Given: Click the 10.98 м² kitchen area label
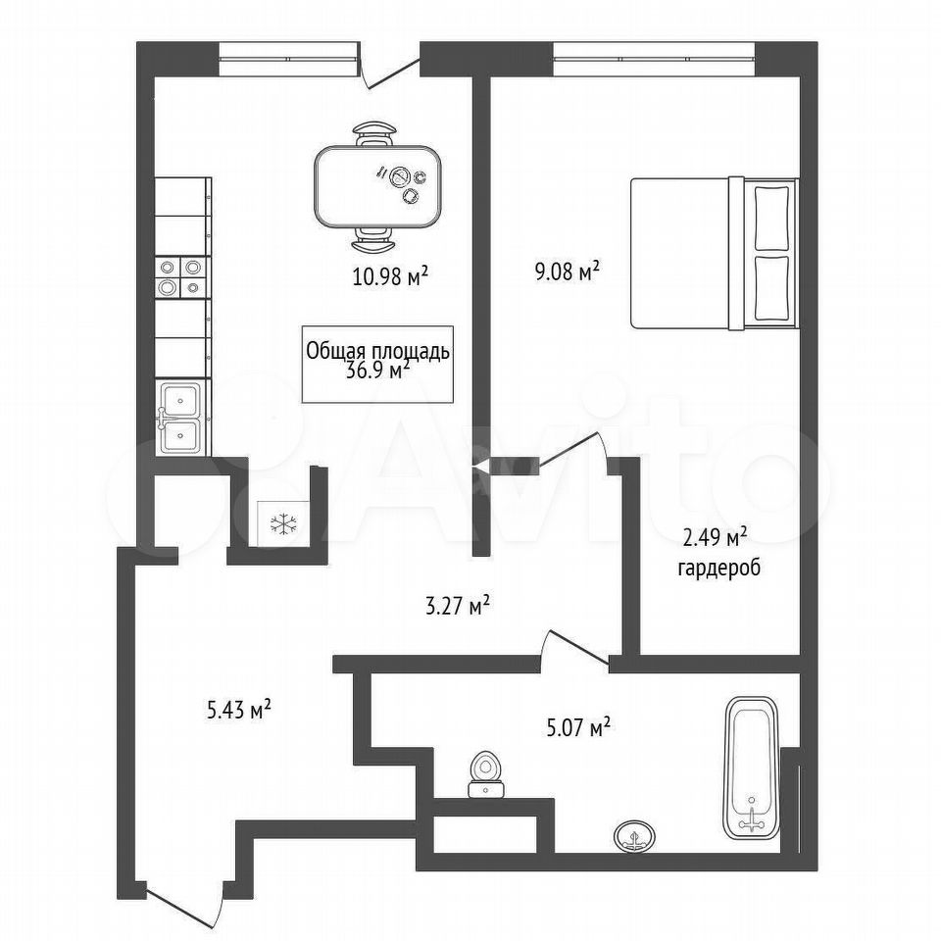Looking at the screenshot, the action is pyautogui.click(x=390, y=276).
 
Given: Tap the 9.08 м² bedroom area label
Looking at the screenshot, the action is pyautogui.click(x=568, y=272).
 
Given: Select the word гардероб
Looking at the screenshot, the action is pyautogui.click(x=718, y=568).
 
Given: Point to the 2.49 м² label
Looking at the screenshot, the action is pyautogui.click(x=715, y=538).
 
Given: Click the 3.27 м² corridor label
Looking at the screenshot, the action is pyautogui.click(x=458, y=606).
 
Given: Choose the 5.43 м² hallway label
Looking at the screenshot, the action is pyautogui.click(x=239, y=711).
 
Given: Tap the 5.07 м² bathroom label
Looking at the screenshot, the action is pyautogui.click(x=578, y=728).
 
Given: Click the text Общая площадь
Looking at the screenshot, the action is pyautogui.click(x=377, y=351).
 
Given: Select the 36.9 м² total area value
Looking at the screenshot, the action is pyautogui.click(x=378, y=371).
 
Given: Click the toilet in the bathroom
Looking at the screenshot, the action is pyautogui.click(x=487, y=775).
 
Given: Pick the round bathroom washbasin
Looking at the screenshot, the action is pyautogui.click(x=635, y=835).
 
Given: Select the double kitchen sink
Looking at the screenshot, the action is pyautogui.click(x=182, y=418).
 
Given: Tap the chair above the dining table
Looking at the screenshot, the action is pyautogui.click(x=374, y=134).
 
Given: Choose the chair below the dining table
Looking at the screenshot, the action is pyautogui.click(x=373, y=239).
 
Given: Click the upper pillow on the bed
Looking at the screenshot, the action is pyautogui.click(x=771, y=218).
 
